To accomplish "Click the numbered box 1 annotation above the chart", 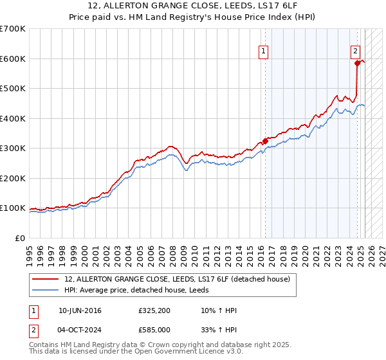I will pyautogui.click(x=264, y=53).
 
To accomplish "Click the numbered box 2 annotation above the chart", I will pyautogui.click(x=355, y=53).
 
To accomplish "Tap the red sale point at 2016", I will pyautogui.click(x=265, y=141).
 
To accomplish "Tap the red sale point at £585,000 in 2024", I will pyautogui.click(x=357, y=63).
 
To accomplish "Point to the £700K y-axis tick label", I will pyautogui.click(x=13, y=29).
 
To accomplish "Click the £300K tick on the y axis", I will pyautogui.click(x=13, y=148).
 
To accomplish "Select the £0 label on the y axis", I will pyautogui.click(x=19, y=238).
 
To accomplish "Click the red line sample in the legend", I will pyautogui.click(x=46, y=278).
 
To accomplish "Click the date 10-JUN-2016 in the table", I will pyautogui.click(x=79, y=310).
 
